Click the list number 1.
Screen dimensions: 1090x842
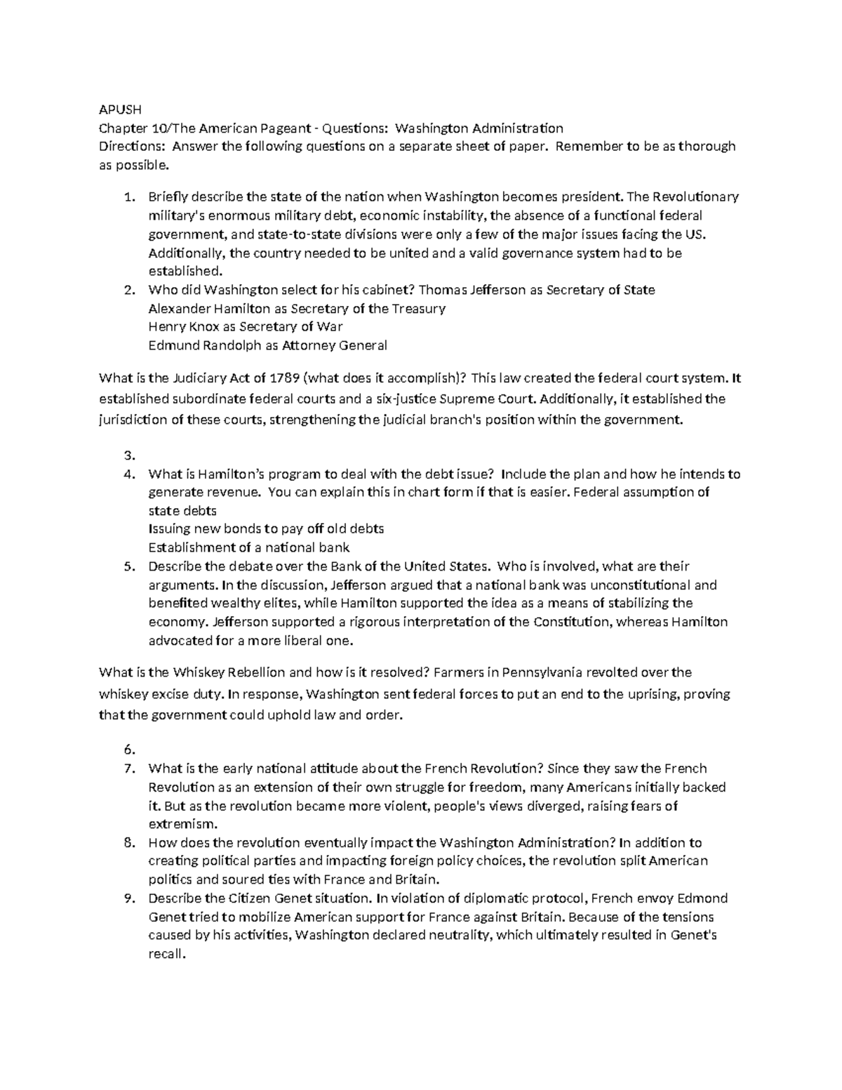[x=128, y=197]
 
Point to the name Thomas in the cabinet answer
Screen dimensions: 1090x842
[x=440, y=290]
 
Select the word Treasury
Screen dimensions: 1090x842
[x=418, y=309]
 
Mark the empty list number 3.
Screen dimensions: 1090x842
[x=128, y=455]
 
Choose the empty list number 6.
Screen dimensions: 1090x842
[x=128, y=750]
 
